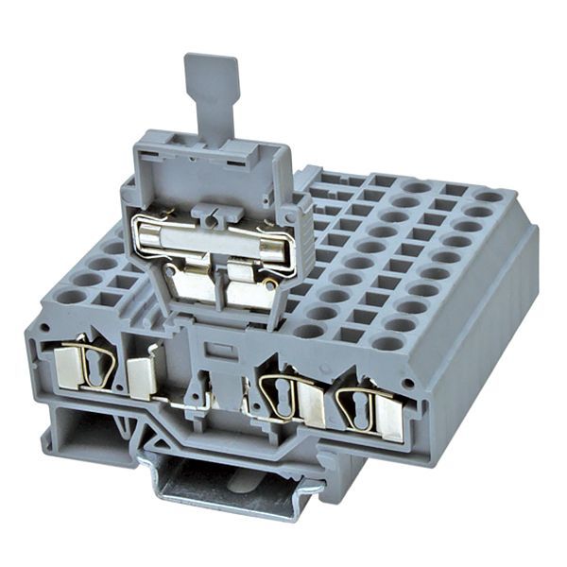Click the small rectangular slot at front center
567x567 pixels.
pos(220,351)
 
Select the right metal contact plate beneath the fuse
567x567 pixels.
pos(249,294)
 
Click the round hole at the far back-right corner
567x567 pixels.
pos(489,197)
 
